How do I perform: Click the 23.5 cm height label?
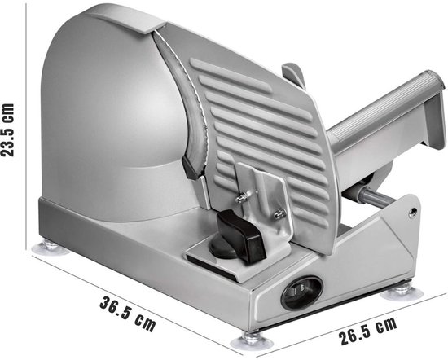(9, 130)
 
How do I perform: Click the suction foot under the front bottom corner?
(250, 336)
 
